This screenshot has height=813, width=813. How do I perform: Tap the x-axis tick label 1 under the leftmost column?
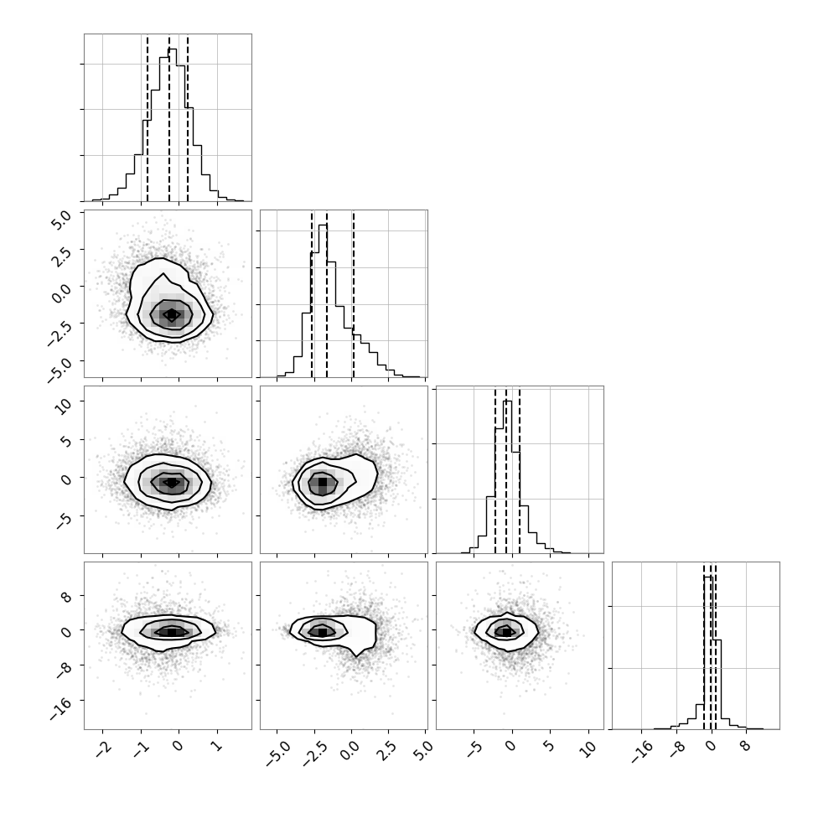click(218, 746)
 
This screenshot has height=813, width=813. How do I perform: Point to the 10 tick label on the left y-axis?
click(63, 405)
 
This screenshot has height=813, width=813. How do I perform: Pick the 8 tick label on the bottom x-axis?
click(745, 746)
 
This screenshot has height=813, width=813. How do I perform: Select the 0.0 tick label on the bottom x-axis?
click(350, 750)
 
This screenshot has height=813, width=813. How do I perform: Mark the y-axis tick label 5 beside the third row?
click(66, 441)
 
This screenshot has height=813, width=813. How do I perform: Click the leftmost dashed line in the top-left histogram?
click(148, 117)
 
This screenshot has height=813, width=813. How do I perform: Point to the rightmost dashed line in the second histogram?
click(353, 293)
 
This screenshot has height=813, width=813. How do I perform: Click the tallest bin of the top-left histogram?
click(172, 124)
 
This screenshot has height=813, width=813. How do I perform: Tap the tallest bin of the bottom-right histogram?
click(708, 652)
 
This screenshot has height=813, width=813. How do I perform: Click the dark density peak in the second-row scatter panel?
click(172, 314)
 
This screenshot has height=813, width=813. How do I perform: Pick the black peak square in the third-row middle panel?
click(323, 482)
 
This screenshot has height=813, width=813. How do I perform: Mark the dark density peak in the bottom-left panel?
click(172, 632)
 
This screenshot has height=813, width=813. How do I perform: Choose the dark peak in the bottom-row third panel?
click(506, 631)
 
